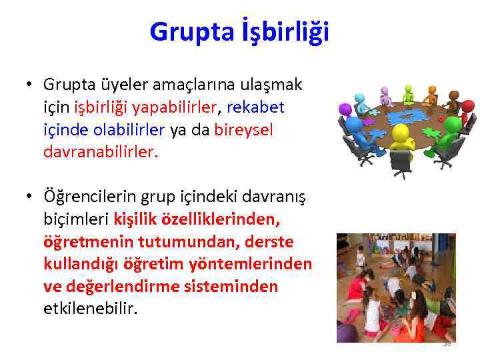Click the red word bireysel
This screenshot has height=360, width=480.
244,131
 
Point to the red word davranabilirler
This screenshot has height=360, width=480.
100,153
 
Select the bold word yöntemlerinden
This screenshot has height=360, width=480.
261,265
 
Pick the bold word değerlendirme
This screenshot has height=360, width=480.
121,287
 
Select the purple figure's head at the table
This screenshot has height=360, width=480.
345,108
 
